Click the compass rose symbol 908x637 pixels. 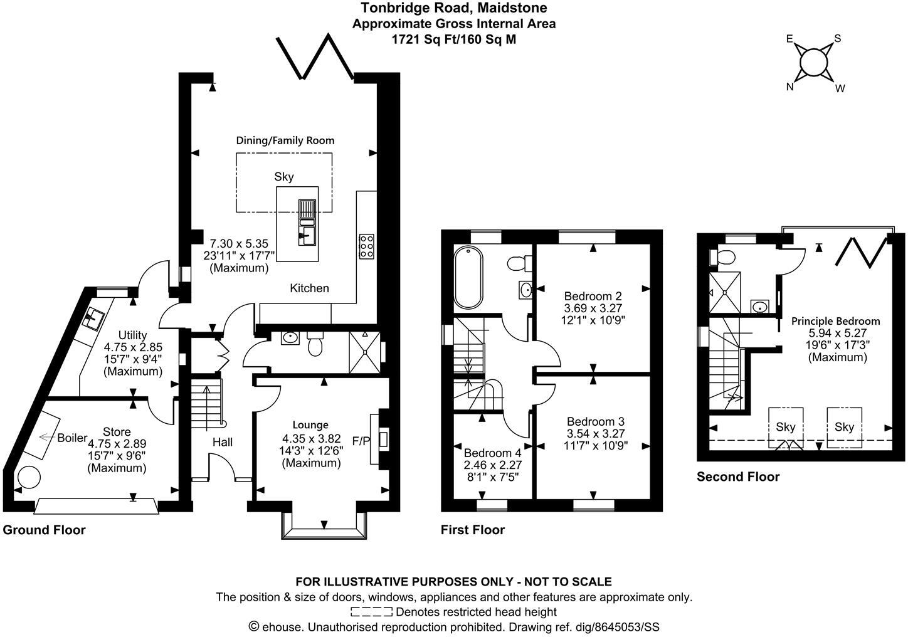click(813, 62)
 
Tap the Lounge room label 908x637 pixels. click(310, 425)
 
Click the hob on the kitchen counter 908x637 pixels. click(366, 246)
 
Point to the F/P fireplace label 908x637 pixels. click(361, 441)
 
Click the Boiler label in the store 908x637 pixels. click(72, 438)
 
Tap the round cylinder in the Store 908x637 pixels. click(28, 478)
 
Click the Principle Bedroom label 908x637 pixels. click(835, 321)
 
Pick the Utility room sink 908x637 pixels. click(95, 318)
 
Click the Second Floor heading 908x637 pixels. click(738, 476)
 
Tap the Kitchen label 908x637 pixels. click(309, 288)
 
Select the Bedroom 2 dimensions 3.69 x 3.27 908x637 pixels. click(593, 308)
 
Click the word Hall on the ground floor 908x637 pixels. click(223, 442)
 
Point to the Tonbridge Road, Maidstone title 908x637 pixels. click(453, 8)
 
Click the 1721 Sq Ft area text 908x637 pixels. click(453, 39)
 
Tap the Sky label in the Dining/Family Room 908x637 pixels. click(284, 177)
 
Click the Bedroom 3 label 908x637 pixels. click(595, 421)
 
